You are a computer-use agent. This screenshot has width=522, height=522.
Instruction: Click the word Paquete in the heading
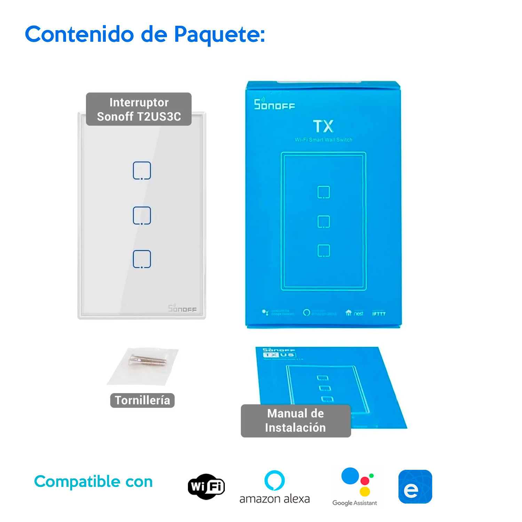(219, 35)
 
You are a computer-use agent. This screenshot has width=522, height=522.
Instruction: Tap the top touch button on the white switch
(142, 171)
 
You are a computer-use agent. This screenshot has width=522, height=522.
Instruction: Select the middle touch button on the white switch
(142, 215)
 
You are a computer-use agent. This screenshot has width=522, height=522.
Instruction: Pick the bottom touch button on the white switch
(142, 259)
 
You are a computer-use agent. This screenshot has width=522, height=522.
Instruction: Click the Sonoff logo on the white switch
(182, 308)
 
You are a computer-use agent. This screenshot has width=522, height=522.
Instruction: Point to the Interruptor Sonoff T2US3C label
(139, 109)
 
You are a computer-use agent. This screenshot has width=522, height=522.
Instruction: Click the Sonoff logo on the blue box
(274, 104)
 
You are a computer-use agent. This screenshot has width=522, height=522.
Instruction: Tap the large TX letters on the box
(323, 126)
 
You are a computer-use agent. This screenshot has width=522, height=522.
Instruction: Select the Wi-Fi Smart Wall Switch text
(323, 140)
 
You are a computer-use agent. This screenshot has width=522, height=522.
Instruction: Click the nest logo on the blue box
(354, 313)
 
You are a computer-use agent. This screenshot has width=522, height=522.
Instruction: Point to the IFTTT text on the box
(379, 314)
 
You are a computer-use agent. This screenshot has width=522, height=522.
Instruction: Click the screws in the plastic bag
(147, 361)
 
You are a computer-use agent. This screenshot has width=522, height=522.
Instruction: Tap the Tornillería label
(142, 401)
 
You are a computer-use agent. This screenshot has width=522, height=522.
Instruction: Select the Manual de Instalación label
(295, 421)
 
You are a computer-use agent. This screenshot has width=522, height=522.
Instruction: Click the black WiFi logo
(206, 487)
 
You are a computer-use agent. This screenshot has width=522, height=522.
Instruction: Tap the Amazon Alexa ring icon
(275, 481)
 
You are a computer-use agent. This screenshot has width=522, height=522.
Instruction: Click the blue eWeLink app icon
(415, 487)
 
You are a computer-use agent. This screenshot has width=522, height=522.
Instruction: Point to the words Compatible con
(93, 482)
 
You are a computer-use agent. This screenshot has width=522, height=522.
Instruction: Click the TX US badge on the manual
(279, 355)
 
